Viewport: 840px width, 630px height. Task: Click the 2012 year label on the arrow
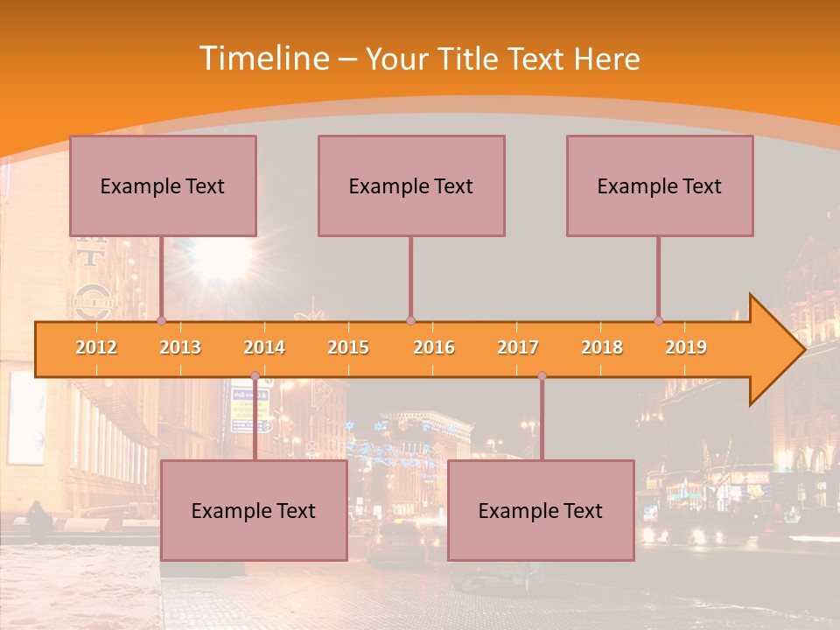96,347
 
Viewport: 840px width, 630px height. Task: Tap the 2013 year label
180,347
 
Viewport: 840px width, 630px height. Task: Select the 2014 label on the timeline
264,347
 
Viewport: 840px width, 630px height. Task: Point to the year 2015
348,347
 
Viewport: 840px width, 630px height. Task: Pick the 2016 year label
434,347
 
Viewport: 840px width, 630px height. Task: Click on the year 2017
518,347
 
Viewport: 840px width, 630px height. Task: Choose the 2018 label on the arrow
602,347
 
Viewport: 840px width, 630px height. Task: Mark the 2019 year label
686,347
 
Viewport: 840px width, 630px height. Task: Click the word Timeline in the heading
262,59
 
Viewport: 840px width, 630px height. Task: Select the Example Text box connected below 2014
254,511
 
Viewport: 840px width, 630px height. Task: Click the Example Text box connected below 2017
541,511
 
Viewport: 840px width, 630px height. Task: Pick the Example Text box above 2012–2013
163,185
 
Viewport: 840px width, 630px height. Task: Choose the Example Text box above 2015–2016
411,185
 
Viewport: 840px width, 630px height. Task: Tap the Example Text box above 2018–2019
660,185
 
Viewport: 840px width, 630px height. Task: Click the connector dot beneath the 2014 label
255,376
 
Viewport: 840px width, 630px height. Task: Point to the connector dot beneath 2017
542,376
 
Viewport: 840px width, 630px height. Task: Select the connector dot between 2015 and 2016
410,320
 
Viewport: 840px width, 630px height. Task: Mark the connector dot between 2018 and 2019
659,320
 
